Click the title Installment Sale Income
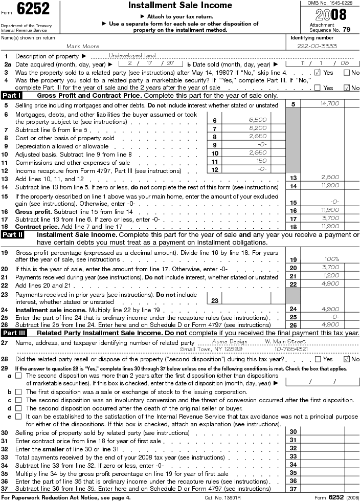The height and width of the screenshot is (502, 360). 180,6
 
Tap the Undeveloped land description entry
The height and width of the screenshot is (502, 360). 132,56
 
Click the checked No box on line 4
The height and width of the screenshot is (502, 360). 348,88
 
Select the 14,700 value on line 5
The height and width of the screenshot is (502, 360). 330,104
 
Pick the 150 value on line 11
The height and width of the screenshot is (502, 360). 246,161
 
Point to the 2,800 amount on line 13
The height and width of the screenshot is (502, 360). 330,178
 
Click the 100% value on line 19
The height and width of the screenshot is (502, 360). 332,259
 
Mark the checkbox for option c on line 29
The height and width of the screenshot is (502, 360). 18,400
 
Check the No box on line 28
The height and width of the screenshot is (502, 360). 348,359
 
